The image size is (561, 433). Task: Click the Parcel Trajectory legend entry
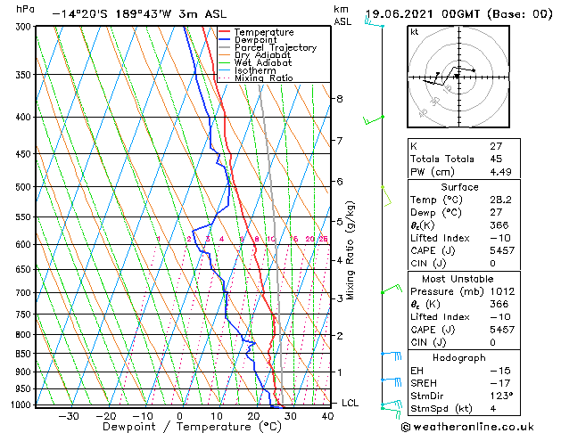point(275,47)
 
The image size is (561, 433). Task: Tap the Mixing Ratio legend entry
point(263,78)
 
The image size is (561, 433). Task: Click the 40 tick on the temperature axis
point(326,415)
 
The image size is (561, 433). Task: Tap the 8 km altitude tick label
point(340,98)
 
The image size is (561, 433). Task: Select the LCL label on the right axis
point(351,403)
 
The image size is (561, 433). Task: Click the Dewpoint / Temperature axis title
point(180,427)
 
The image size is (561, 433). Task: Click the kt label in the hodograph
point(415,31)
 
